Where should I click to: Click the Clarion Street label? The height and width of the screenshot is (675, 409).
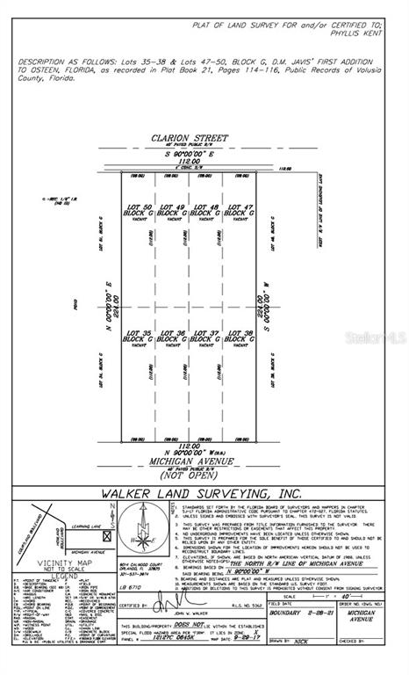(190, 138)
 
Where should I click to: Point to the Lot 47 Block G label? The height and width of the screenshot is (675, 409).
(239, 211)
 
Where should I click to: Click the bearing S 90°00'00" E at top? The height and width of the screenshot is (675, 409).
(190, 153)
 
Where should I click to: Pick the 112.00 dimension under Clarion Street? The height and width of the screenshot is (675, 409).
(190, 161)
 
